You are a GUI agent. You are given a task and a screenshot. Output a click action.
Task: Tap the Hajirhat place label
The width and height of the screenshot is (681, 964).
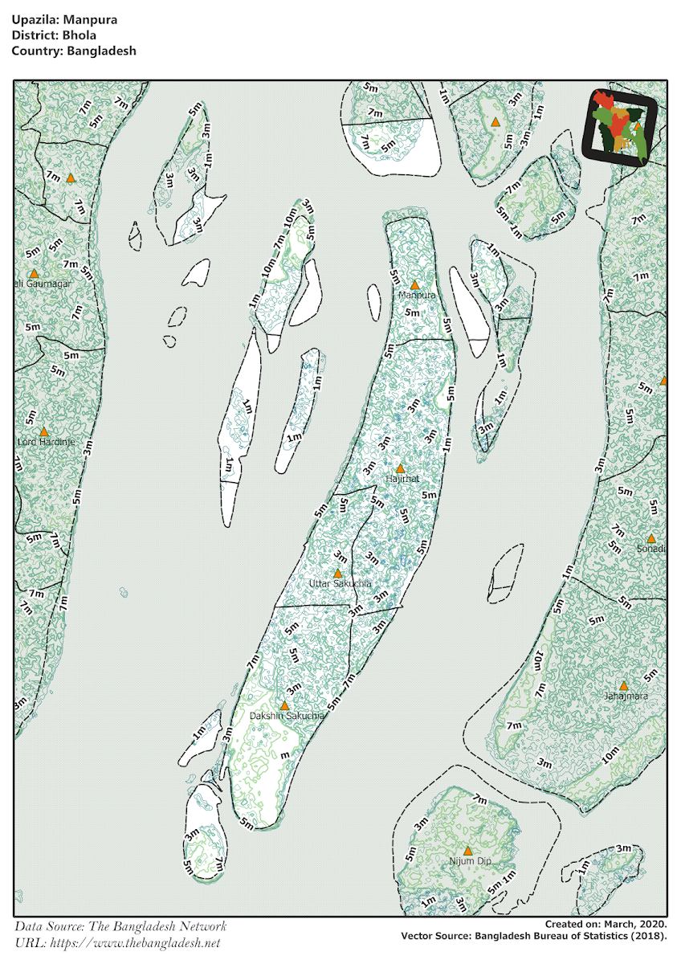[402, 479]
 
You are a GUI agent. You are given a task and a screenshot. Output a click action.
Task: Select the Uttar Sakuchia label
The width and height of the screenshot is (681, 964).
[340, 583]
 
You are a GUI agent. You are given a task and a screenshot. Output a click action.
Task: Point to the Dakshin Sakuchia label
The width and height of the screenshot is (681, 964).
[287, 715]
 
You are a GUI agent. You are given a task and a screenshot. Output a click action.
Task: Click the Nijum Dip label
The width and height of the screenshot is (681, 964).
[470, 861]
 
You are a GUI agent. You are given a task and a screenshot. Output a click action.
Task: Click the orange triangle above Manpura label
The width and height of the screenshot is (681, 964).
[415, 284]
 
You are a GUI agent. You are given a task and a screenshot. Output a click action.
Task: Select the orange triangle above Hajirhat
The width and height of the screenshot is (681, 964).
[400, 468]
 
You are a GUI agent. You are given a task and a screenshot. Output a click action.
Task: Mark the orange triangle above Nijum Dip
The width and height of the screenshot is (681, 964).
[467, 850]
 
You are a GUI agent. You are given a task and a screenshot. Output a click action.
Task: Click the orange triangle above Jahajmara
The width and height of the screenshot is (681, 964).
[624, 685]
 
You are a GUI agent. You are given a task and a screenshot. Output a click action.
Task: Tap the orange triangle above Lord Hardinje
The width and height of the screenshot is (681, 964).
[44, 431]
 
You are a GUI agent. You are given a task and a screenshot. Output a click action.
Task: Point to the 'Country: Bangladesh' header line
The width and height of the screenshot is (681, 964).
[74, 50]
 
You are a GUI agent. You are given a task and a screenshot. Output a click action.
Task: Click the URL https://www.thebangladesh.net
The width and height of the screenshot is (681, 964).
[117, 942]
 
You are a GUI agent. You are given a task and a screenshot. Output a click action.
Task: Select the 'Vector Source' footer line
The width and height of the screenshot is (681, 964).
[533, 936]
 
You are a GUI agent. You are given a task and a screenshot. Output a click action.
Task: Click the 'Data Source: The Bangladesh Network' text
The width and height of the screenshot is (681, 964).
[120, 926]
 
